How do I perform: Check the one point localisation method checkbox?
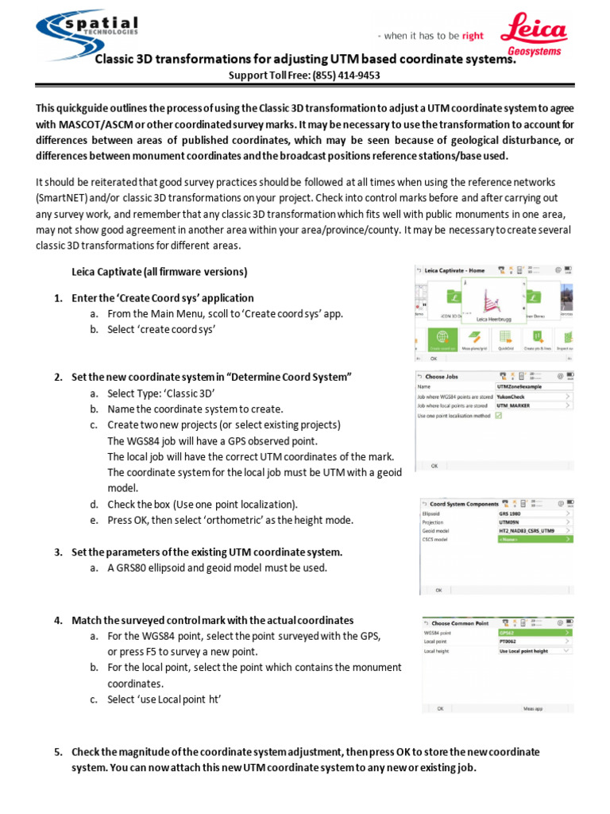point(499,415)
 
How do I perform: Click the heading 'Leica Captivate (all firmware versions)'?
point(160,272)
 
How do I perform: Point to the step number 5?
point(58,752)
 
